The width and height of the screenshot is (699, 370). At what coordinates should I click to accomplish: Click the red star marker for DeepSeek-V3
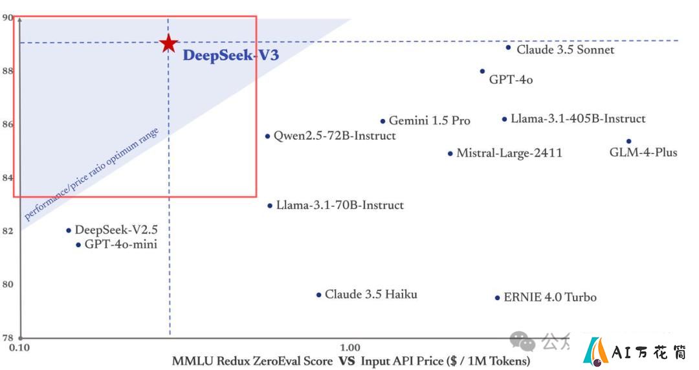point(168,43)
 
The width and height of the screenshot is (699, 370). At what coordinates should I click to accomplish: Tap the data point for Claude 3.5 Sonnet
point(508,47)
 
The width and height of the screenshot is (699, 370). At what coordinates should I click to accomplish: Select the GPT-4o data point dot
point(482,71)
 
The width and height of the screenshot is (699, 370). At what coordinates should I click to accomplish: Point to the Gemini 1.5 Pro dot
point(383,121)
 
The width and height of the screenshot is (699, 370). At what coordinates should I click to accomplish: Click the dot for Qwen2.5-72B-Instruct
point(267,136)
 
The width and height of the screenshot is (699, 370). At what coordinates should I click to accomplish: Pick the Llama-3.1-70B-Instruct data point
point(270,206)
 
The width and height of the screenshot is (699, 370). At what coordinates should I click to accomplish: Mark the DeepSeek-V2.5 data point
point(69,230)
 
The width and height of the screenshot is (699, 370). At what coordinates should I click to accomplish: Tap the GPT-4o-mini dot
point(78,245)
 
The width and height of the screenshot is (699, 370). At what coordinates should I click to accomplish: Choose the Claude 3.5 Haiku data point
point(318,295)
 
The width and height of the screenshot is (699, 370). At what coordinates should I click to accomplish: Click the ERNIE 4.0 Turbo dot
point(498,298)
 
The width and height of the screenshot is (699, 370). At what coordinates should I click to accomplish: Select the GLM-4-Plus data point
point(629,141)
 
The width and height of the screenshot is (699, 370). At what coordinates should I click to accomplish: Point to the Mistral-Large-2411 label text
point(509,153)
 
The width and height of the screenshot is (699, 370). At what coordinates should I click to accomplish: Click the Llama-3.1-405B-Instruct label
point(578,118)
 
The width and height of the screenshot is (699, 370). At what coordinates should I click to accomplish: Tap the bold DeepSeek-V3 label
point(231,55)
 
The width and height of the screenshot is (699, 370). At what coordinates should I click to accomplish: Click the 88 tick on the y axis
point(8,71)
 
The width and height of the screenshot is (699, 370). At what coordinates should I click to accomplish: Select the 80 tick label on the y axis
point(8,285)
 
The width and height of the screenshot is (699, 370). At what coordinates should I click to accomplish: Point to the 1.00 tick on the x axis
point(350,348)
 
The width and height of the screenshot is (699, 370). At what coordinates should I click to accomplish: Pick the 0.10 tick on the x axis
point(19,348)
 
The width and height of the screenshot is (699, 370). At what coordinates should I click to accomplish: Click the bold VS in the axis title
point(347,361)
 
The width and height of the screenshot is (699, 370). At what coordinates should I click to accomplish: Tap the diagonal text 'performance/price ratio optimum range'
point(91,174)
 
